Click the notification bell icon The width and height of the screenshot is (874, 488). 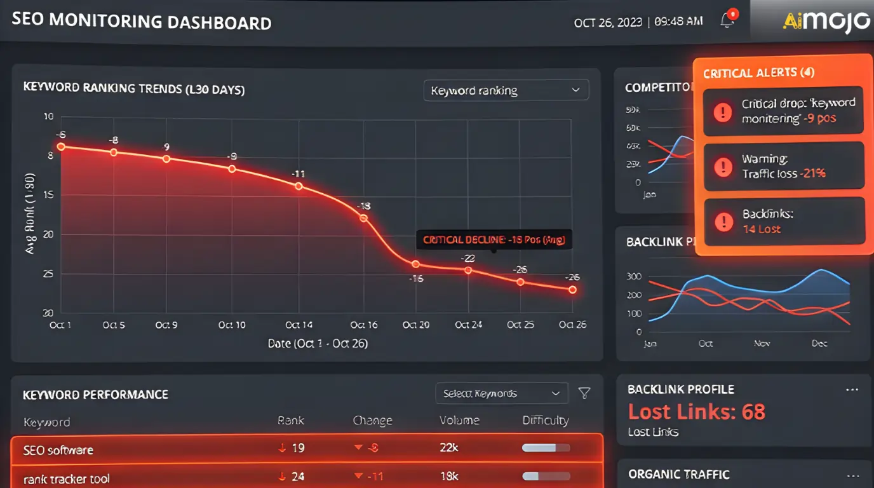(x=728, y=20)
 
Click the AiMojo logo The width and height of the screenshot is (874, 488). (x=826, y=21)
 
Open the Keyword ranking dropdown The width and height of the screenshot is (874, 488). (x=506, y=90)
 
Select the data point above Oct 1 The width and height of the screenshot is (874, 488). (x=61, y=146)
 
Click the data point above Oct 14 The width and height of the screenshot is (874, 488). (x=299, y=186)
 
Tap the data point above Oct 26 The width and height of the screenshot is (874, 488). (x=572, y=290)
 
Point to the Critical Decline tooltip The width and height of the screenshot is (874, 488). (x=494, y=240)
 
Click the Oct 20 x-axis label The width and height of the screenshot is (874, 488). (x=415, y=325)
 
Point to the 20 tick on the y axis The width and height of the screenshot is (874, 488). (x=48, y=234)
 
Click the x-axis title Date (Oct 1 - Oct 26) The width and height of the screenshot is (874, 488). (x=318, y=343)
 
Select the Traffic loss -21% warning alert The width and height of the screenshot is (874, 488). (x=783, y=166)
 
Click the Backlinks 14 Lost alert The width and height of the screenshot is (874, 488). (x=783, y=221)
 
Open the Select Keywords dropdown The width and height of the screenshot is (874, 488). (x=501, y=394)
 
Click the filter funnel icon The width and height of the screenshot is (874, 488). (x=584, y=394)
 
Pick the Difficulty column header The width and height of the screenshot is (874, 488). (x=545, y=421)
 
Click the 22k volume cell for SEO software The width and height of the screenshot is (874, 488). (x=449, y=448)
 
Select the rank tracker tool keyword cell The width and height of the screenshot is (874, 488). (x=67, y=478)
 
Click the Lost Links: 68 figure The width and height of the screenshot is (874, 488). (x=697, y=412)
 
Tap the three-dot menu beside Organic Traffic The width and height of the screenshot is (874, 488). (x=852, y=475)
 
